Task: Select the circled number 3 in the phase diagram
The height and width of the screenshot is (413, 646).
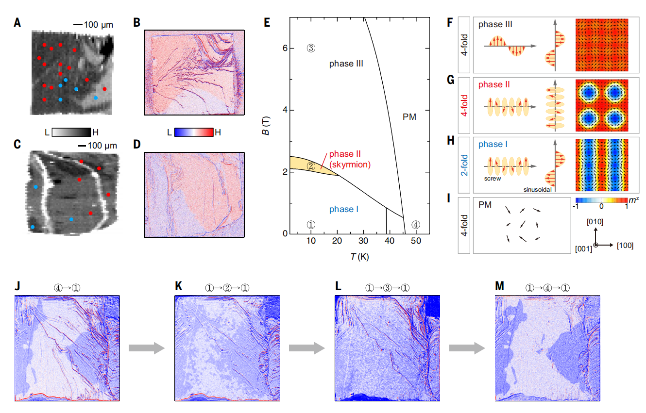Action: [311, 48]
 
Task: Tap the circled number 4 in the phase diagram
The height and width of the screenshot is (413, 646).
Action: [416, 225]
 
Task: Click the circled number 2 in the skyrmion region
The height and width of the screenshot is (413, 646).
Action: [311, 165]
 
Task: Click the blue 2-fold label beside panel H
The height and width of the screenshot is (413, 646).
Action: [465, 164]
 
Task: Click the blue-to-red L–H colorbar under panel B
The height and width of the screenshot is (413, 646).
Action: [194, 132]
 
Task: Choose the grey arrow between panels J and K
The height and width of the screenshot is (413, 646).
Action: [144, 347]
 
